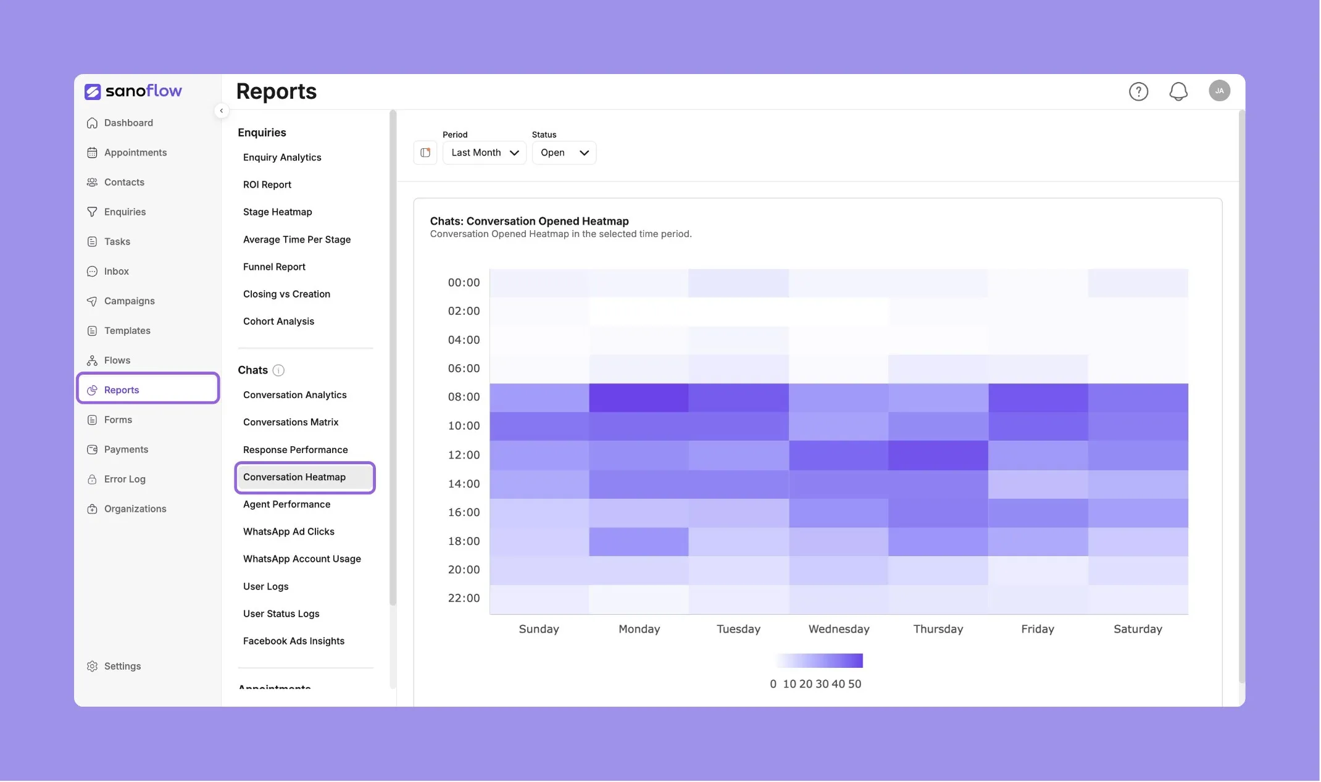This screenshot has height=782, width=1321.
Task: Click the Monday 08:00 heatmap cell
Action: [x=639, y=397]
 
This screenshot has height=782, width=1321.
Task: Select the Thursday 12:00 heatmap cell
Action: [x=938, y=455]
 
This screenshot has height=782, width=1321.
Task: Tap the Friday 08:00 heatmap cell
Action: [x=1038, y=397]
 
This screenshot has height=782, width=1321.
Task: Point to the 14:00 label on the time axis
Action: [x=464, y=484]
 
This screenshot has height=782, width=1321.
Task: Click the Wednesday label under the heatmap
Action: [x=839, y=629]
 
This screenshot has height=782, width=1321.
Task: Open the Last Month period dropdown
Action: [x=485, y=152]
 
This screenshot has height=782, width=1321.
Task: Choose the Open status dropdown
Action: [x=564, y=152]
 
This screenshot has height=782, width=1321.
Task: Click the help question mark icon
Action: [x=1138, y=91]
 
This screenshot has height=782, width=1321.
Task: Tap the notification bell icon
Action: [x=1178, y=91]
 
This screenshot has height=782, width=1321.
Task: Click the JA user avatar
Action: [x=1219, y=91]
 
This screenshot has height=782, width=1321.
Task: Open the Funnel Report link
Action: [x=274, y=267]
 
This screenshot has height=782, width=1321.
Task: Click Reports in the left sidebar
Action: [x=148, y=389]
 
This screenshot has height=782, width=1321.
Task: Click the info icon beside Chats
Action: [x=278, y=370]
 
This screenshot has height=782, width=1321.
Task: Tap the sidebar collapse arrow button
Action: [x=221, y=111]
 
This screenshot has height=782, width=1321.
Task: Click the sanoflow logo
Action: [x=133, y=91]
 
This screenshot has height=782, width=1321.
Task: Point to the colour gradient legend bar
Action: [x=819, y=660]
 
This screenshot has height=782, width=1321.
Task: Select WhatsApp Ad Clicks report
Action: [x=288, y=531]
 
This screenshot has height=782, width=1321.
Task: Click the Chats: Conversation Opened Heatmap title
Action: [x=529, y=221]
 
